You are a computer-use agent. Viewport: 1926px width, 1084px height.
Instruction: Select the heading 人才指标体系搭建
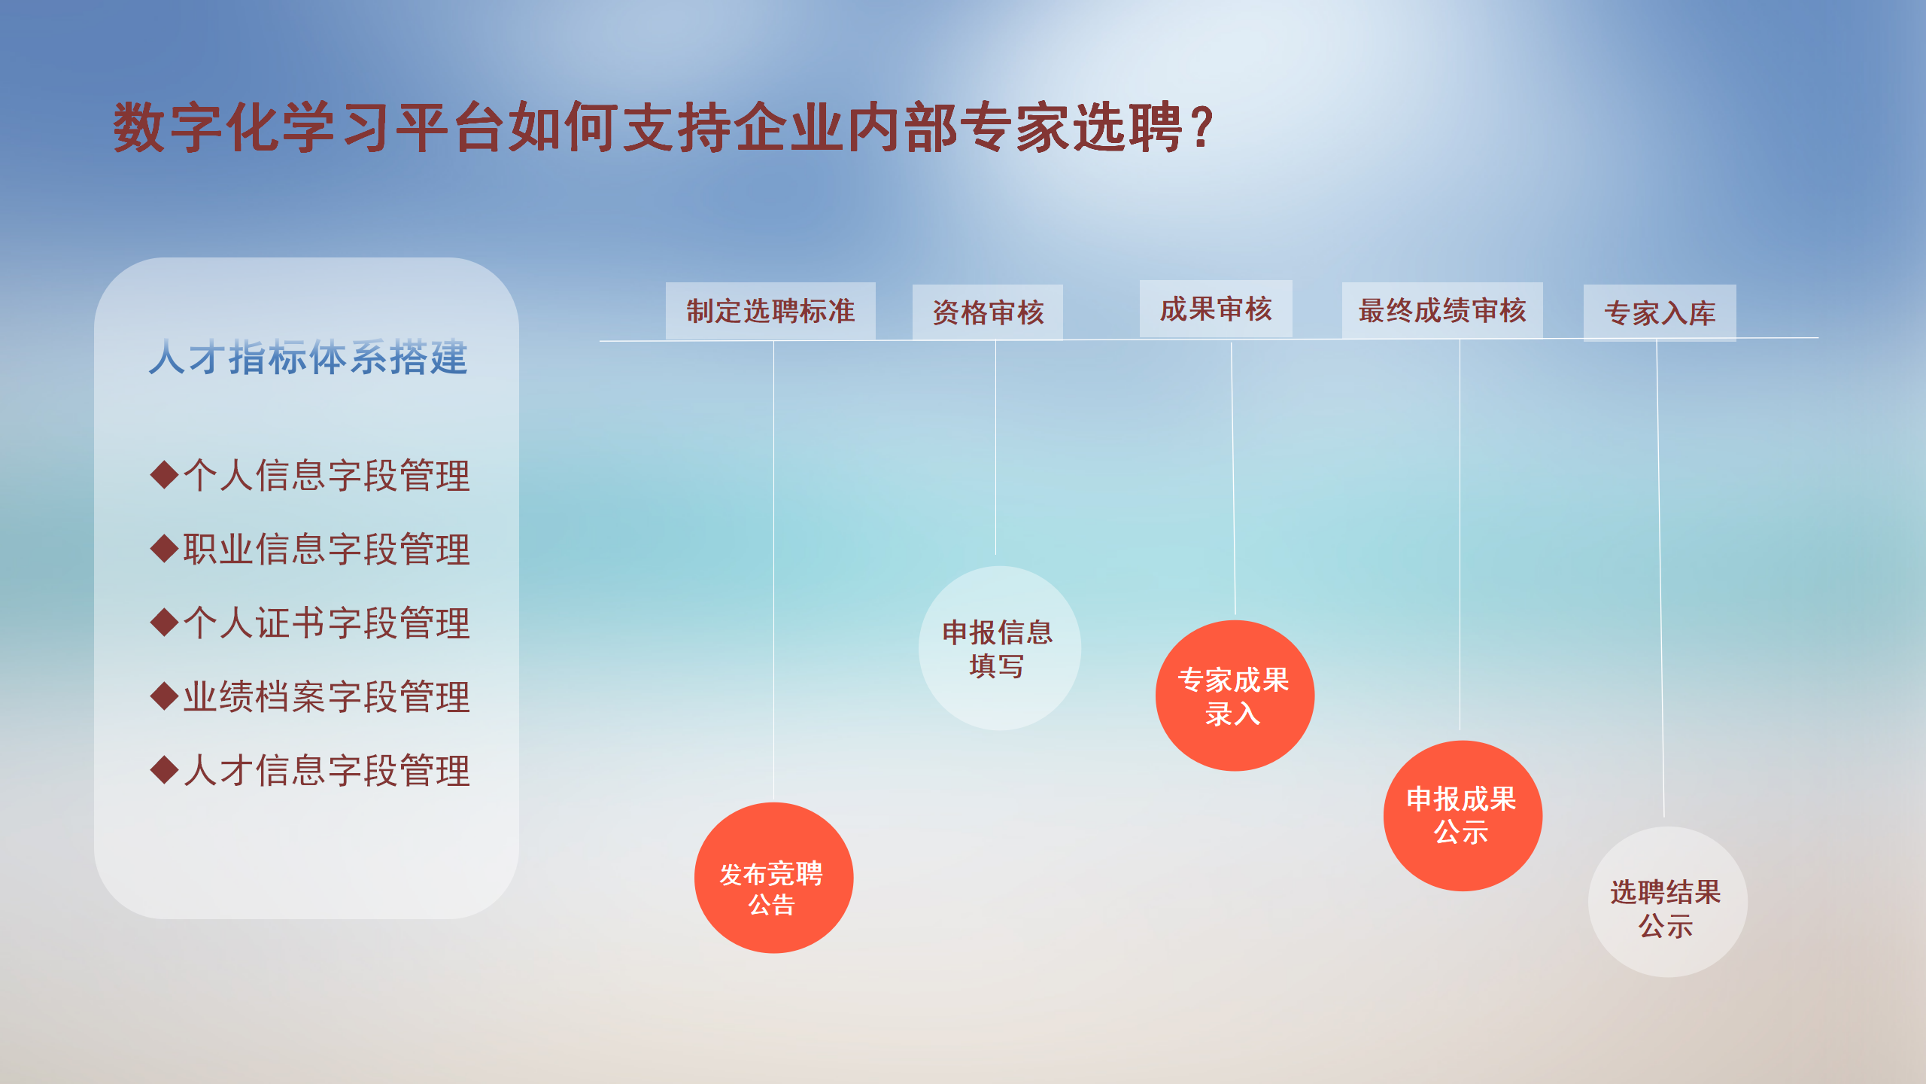308,357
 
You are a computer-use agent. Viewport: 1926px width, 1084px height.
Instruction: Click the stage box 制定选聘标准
770,311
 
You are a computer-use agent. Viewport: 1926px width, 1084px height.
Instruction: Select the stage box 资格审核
988,312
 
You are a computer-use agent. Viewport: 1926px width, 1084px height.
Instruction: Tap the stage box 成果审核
1216,309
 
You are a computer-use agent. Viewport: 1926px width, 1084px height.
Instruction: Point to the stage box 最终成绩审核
1442,310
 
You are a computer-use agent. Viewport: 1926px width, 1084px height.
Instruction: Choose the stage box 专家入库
1660,312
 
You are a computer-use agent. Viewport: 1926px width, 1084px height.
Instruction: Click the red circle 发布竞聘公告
773,878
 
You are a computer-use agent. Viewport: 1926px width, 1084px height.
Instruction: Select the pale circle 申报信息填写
999,648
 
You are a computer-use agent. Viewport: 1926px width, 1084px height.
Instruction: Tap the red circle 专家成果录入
1235,696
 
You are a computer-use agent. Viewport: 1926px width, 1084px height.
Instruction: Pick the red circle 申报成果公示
1463,816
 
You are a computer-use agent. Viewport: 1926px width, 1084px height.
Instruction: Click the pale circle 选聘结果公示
1667,902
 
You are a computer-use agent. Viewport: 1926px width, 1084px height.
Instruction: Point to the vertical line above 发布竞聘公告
773,572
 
